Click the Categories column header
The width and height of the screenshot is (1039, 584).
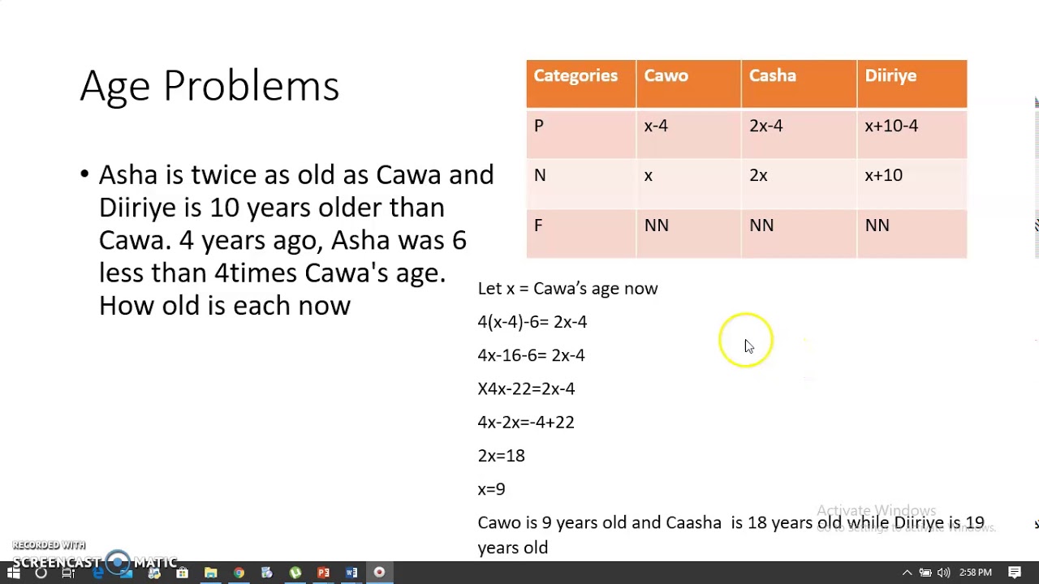pos(576,76)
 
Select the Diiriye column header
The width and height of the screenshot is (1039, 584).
pos(890,76)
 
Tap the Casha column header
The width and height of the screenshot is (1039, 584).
pos(772,76)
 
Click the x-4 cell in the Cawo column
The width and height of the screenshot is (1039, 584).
pos(656,127)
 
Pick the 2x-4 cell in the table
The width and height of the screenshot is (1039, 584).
pos(765,127)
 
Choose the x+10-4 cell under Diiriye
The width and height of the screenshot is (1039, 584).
pos(891,127)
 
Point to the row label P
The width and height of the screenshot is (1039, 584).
pos(539,127)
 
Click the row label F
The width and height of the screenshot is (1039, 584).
pos(538,225)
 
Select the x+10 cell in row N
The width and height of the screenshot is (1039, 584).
pos(883,176)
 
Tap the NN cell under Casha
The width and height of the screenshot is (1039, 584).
pos(761,225)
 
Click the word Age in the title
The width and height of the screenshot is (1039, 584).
pos(115,86)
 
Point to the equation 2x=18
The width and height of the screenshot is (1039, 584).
pos(501,456)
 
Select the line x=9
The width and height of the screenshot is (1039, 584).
pos(491,489)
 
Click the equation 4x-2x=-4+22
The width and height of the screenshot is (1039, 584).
pos(525,423)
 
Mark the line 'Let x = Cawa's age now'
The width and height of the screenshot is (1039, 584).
pos(567,289)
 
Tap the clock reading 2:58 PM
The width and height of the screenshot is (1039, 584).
pos(975,573)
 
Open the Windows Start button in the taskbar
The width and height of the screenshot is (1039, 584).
pos(13,573)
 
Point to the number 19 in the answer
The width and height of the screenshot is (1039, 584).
pos(974,523)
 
